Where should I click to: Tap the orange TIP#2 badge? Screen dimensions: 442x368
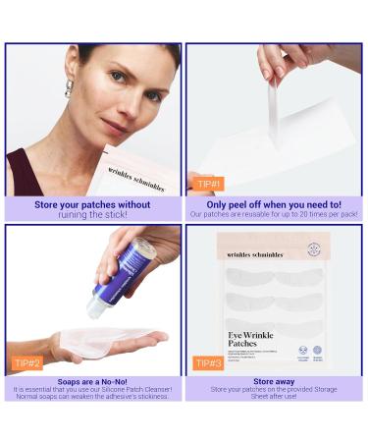[x=27, y=362]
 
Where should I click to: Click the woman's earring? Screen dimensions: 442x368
[x=69, y=91]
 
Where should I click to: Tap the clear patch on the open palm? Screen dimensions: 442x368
[x=108, y=340]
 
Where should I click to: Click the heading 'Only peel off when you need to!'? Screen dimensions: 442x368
[x=275, y=204]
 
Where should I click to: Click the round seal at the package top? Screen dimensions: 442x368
[x=312, y=249]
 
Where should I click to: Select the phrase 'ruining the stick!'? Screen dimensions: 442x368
[x=93, y=214]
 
